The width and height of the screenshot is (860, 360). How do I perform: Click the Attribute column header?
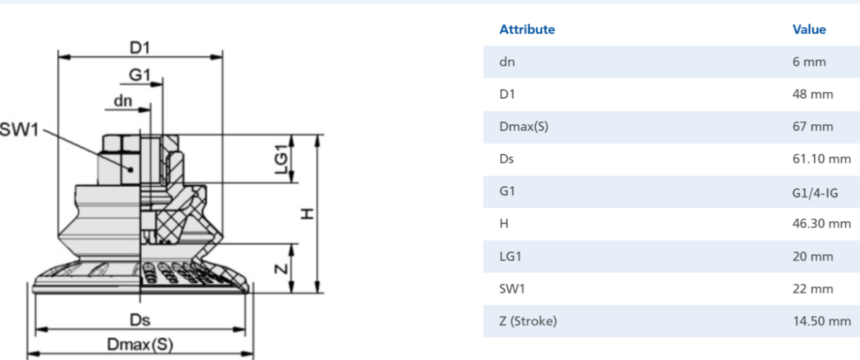point(527,30)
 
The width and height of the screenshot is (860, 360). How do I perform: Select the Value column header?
point(809,30)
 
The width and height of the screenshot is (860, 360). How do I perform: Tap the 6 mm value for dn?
point(809,62)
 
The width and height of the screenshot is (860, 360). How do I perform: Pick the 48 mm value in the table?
point(813,94)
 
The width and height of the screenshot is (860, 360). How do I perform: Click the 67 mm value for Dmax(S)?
point(813,126)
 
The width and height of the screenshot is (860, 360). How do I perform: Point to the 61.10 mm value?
point(822,159)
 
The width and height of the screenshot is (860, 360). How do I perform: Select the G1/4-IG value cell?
point(815,193)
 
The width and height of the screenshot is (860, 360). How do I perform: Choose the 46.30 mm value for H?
point(822,223)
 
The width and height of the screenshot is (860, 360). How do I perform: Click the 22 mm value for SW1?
point(813,289)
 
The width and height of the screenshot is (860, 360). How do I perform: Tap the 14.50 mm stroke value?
point(822,321)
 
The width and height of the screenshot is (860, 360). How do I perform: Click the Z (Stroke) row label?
point(528,321)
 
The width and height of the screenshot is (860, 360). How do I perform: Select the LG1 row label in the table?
point(510,256)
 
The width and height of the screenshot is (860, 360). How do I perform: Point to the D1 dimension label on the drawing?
point(140,47)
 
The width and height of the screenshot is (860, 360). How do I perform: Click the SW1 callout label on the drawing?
point(19,130)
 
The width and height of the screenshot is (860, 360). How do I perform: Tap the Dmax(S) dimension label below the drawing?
point(140,344)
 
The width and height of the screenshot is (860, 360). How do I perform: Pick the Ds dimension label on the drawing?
point(140,320)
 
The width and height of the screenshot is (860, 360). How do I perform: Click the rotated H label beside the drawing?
point(307,214)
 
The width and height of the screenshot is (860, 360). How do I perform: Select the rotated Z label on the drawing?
point(282,269)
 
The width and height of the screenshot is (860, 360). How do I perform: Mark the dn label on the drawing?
point(123,101)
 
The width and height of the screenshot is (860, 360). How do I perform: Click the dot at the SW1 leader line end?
point(131,169)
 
